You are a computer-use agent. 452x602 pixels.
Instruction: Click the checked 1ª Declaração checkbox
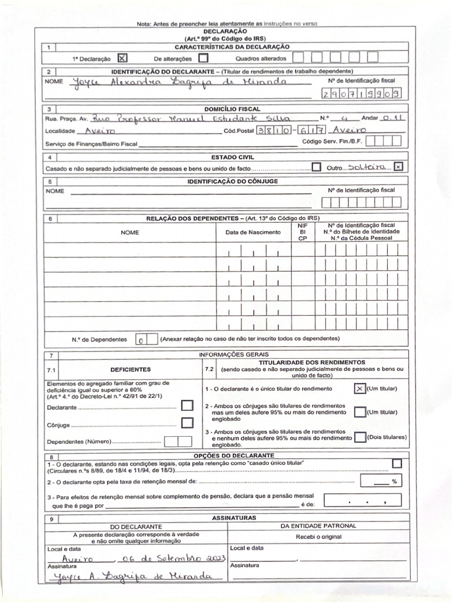click(122, 58)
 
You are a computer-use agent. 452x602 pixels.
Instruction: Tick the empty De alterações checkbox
click(203, 58)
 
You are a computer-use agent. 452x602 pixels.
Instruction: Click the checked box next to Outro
click(398, 167)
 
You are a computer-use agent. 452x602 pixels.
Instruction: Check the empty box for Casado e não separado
click(317, 167)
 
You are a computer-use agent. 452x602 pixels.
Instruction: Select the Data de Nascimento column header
click(252, 232)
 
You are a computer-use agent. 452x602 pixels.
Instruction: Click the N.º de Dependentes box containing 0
click(142, 340)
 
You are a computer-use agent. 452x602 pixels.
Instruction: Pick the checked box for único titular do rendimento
click(360, 389)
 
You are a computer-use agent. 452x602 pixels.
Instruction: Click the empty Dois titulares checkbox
click(360, 438)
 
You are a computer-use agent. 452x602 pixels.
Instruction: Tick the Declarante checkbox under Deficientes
click(187, 406)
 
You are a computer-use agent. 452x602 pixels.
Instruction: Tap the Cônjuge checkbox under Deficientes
click(187, 423)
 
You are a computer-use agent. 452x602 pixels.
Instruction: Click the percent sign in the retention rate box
click(394, 481)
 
